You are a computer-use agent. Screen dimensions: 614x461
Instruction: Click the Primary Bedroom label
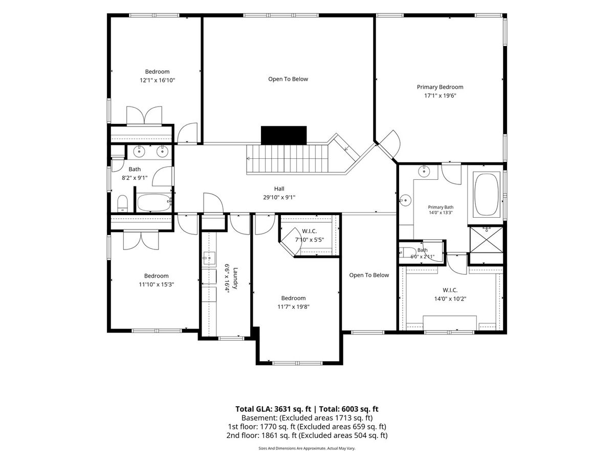(x=440, y=87)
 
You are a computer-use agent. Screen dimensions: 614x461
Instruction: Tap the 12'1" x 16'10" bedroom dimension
(x=157, y=80)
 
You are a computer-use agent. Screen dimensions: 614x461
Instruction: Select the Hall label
(x=279, y=188)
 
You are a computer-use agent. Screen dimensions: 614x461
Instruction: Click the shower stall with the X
(x=487, y=240)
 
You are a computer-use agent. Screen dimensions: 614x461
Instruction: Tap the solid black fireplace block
(x=283, y=135)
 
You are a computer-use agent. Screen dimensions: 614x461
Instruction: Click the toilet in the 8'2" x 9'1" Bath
(x=122, y=203)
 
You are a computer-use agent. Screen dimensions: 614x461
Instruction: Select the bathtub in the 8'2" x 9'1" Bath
(x=154, y=202)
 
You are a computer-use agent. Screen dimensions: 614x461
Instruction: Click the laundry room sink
(x=209, y=258)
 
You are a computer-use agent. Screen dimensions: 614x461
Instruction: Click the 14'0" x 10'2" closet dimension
(x=450, y=299)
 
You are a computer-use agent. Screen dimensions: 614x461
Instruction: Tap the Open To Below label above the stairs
(x=288, y=79)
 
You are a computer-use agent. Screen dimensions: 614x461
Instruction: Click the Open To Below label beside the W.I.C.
(x=369, y=275)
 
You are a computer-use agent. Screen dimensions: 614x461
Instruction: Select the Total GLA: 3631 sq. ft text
(x=273, y=409)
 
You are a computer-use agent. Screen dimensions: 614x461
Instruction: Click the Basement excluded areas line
(x=307, y=418)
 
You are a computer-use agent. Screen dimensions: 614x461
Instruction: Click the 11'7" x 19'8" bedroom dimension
(x=293, y=306)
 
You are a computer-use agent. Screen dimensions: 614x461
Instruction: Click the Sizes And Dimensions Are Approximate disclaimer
(x=307, y=448)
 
